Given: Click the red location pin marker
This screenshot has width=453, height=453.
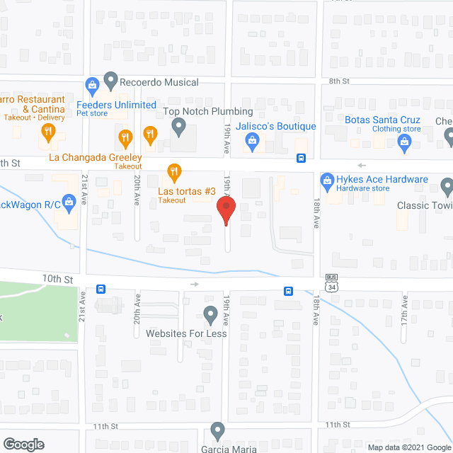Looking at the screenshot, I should click(225, 208).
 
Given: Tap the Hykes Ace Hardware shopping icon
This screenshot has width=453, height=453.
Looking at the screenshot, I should click(327, 182).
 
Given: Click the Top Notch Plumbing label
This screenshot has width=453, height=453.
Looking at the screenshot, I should click(207, 111).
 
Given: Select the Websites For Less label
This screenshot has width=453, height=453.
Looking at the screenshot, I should click(186, 333).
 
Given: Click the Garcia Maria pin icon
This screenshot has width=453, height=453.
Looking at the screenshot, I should click(217, 430).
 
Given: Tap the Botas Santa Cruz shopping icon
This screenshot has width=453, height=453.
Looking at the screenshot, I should click(405, 144).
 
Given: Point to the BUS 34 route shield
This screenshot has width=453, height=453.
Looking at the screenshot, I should click(331, 282).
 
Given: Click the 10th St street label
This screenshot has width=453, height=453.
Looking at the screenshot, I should click(59, 280).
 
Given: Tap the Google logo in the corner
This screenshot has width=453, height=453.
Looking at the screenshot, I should click(23, 445).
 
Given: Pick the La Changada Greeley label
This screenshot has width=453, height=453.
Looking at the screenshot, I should click(95, 157).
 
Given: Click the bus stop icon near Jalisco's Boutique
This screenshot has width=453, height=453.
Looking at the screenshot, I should click(302, 158).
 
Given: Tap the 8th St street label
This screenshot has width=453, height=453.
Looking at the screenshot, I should click(339, 82).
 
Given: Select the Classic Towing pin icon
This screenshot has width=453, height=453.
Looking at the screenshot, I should click(447, 187).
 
